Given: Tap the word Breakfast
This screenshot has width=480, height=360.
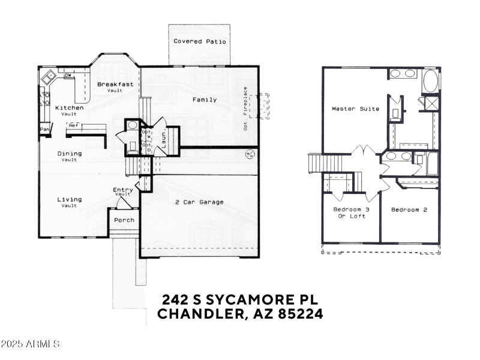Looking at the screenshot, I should tap(115, 84).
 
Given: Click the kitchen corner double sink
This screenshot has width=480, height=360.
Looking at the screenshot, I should tap(47, 76).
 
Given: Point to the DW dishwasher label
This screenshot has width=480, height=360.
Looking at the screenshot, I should tap(68, 75).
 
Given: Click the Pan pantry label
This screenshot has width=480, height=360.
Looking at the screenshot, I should tap(44, 130).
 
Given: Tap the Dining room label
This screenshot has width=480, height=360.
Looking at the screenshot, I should tap(70, 154).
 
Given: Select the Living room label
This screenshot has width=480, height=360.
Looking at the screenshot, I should tap(70, 199).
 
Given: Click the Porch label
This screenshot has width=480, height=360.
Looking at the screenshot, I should tap(124, 220).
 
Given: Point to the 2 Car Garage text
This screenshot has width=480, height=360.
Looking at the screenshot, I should tap(199, 202).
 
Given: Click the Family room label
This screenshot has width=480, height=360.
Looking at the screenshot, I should tap(205, 100).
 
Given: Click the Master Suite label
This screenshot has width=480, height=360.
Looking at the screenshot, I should tap(356, 109).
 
